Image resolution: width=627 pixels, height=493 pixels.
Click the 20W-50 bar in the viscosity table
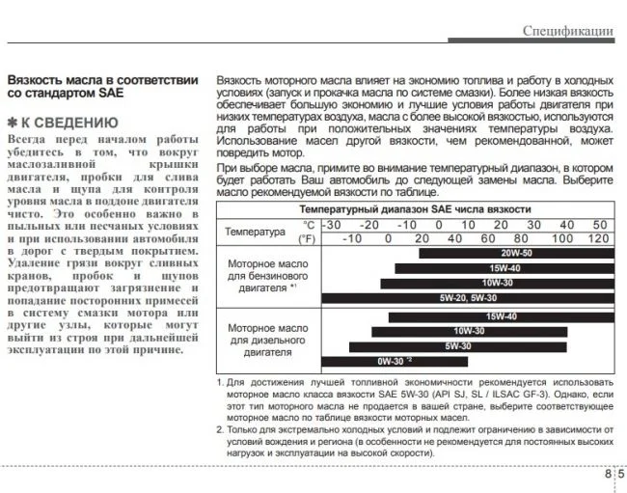pyautogui.click(x=515, y=253)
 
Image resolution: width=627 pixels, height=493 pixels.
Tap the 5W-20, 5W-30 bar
pyautogui.click(x=467, y=298)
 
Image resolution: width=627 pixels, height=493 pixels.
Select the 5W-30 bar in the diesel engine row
pyautogui.click(x=458, y=345)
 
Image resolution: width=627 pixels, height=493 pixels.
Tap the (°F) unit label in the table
pyautogui.click(x=307, y=238)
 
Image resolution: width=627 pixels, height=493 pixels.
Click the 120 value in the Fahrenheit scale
pyautogui.click(x=598, y=238)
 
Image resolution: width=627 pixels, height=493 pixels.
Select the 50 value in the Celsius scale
pyautogui.click(x=600, y=224)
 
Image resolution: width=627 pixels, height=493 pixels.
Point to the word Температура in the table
pyautogui.click(x=255, y=232)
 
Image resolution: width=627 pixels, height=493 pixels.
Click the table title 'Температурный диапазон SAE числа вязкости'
pyautogui.click(x=414, y=208)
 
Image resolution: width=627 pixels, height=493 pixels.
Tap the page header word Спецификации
pyautogui.click(x=568, y=31)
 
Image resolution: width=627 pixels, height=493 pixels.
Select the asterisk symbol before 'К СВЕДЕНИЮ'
pyautogui.click(x=13, y=123)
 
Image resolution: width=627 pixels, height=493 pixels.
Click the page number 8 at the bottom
pyautogui.click(x=609, y=474)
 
